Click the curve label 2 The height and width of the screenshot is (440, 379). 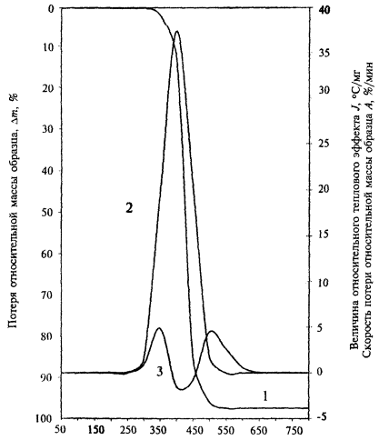point(129,208)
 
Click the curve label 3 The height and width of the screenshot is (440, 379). point(160,371)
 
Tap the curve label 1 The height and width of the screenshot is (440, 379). point(265,395)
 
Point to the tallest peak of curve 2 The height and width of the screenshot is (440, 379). point(177,31)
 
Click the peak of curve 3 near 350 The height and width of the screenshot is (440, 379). point(159,328)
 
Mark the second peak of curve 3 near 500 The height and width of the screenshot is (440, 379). point(212,331)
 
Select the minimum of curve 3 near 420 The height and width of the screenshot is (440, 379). point(181,389)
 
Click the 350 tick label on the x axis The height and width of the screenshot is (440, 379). point(160,430)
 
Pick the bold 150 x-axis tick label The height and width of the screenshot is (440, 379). point(96,430)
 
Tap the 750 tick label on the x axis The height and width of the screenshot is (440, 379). point(293,430)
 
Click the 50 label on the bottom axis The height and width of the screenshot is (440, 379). point(62,430)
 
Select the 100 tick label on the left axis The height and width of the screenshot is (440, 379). point(45,418)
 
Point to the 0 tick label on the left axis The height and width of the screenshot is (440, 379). point(50,9)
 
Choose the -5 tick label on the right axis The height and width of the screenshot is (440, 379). point(321,417)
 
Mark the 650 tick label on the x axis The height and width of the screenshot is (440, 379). point(259,430)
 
